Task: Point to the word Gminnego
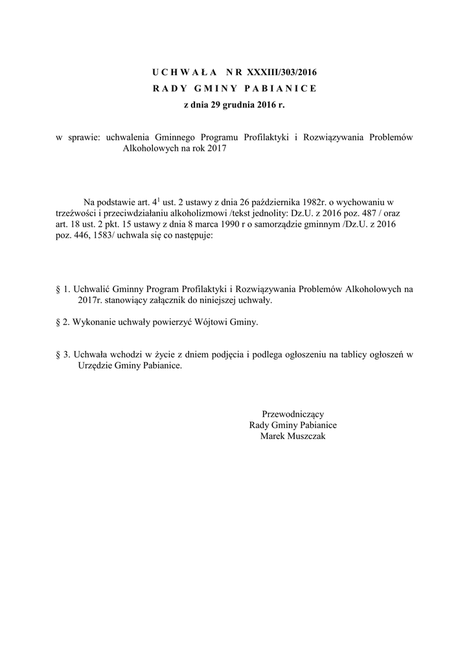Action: point(176,137)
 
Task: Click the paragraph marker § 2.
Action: point(63,323)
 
